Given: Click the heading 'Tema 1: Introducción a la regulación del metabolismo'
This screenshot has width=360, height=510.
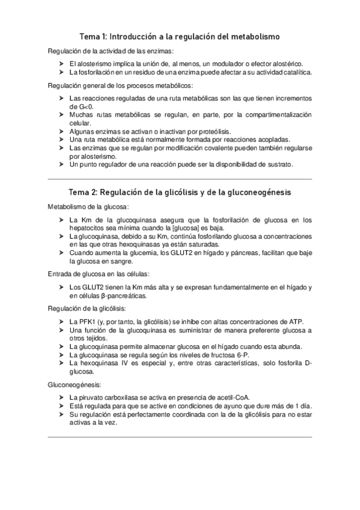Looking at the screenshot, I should [x=180, y=37].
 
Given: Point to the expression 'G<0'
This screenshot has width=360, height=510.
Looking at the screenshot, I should [x=78, y=105].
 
